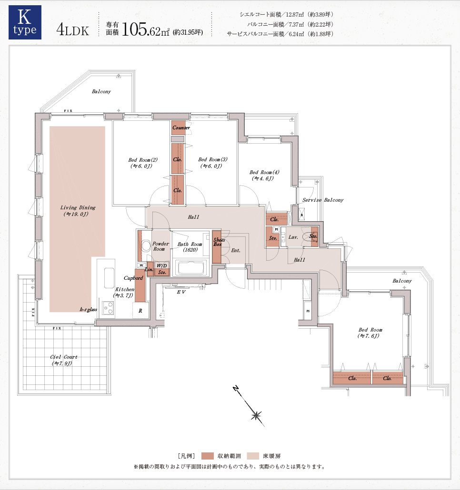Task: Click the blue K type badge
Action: pos(25,22)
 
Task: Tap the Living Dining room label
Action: pos(78,211)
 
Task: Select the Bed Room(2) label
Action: pos(142,163)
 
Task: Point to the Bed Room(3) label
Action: pos(213,163)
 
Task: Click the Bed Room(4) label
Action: pos(264,176)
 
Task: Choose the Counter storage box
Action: pos(178,128)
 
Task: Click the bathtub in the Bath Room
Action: pos(191,268)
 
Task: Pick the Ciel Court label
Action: pos(63,360)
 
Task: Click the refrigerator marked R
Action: pos(140,310)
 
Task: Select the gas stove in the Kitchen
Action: pos(108,308)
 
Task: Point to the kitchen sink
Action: pos(109,278)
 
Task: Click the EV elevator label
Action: pos(181,292)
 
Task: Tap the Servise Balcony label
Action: pos(323,200)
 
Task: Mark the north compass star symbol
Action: pos(256,415)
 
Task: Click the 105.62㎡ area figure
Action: pos(145,29)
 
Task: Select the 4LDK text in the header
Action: pos(72,30)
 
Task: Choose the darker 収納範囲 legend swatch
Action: pos(207,456)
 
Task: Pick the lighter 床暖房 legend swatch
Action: pos(253,456)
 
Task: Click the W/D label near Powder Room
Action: pos(162,265)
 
